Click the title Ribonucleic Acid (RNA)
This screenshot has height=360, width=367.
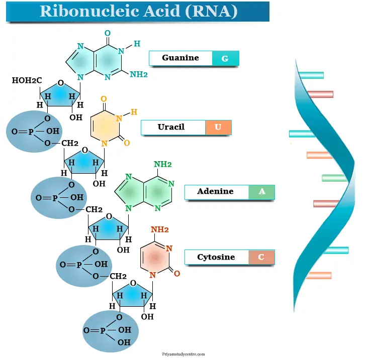(x=138, y=12)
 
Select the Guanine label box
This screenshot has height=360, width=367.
(x=180, y=58)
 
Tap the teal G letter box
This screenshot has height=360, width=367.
(x=225, y=59)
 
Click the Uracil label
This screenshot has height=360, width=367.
(x=172, y=127)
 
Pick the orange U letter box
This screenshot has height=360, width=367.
(x=218, y=128)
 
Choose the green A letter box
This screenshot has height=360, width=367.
(x=261, y=192)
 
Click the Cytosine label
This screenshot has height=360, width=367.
(x=216, y=257)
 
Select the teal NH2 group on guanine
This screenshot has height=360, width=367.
(x=139, y=74)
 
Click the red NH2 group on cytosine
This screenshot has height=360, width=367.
(x=159, y=230)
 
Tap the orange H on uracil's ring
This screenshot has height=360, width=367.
(x=134, y=111)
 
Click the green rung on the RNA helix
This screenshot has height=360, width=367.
(x=334, y=178)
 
